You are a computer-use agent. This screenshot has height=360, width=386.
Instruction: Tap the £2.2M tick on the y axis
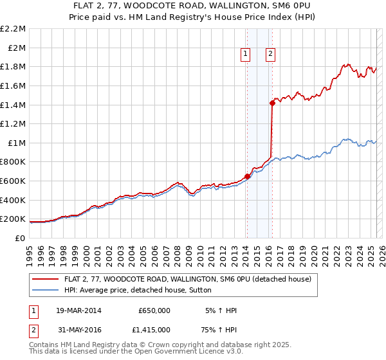pyautogui.click(x=14, y=29)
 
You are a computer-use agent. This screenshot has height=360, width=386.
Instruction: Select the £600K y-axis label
pyautogui.click(x=14, y=181)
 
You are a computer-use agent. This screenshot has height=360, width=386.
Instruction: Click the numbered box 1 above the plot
pyautogui.click(x=246, y=54)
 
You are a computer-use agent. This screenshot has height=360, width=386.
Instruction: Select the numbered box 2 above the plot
pyautogui.click(x=270, y=54)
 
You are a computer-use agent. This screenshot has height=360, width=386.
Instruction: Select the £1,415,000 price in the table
pyautogui.click(x=154, y=329)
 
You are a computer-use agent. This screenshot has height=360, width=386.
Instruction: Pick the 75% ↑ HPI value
pyautogui.click(x=220, y=329)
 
